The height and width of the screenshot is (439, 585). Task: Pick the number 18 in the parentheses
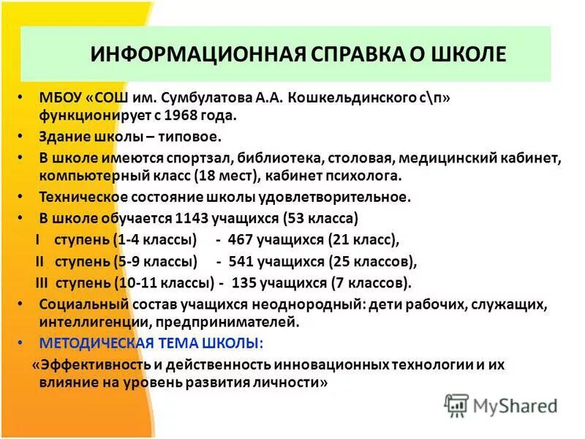tap(207, 176)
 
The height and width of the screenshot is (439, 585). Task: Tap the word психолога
tap(364, 176)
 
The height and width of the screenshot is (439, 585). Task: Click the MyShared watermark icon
tap(456, 405)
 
